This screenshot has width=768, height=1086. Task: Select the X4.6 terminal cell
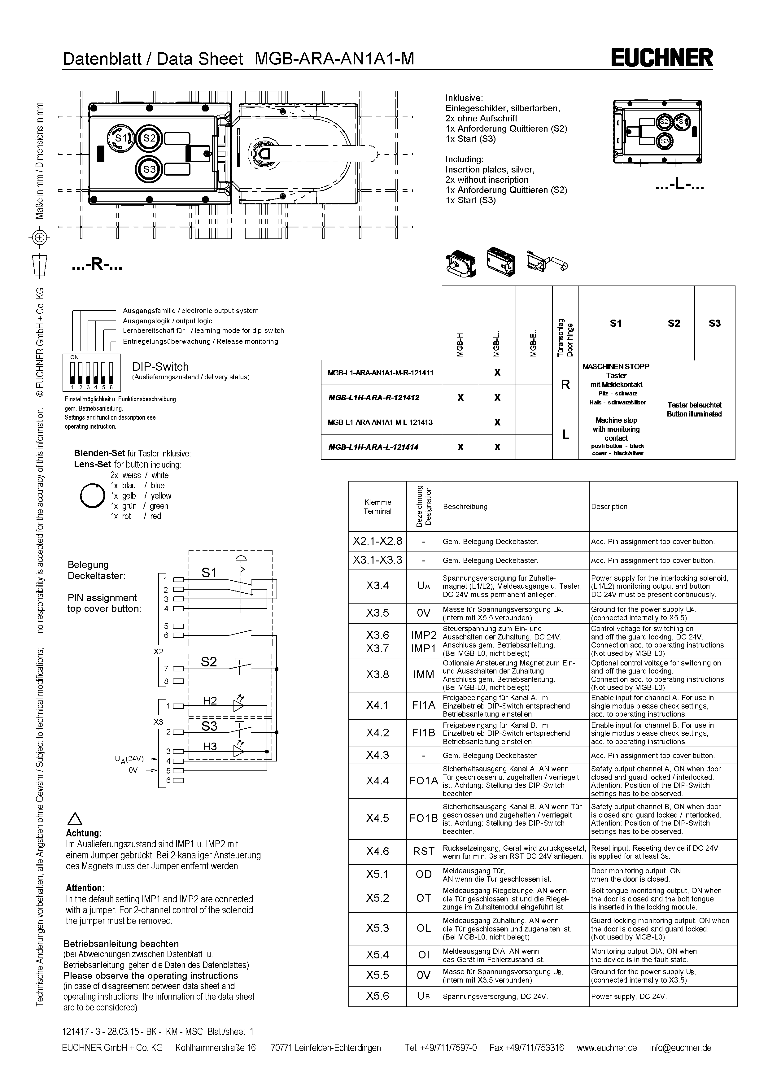[x=377, y=851]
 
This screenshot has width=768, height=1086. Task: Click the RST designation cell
[x=424, y=851]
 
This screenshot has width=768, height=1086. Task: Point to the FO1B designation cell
[x=424, y=818]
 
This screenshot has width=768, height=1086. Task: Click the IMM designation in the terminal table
[x=424, y=674]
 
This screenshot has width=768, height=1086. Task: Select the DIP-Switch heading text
[x=160, y=367]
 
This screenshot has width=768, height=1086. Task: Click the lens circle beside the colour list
[x=92, y=495]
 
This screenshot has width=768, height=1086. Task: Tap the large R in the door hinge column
[x=565, y=385]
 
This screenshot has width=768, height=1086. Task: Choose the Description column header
[x=609, y=507]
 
